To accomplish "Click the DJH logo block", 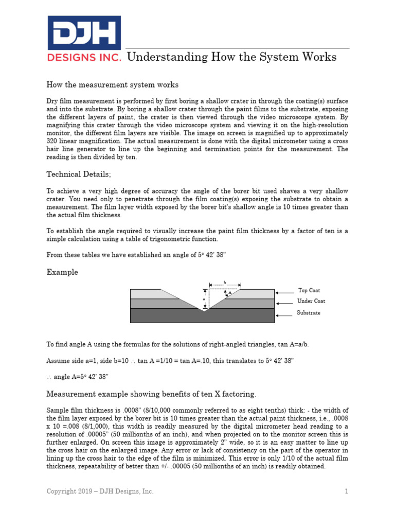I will [x=84, y=32].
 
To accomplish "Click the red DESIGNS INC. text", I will [x=84, y=57].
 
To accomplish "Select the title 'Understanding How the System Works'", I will [x=231, y=57].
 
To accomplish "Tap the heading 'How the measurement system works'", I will [x=113, y=84].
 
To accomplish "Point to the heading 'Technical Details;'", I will [x=78, y=175].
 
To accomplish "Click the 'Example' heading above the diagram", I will [x=62, y=272].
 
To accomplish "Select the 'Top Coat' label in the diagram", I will [x=309, y=291].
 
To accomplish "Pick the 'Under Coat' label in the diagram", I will [x=311, y=301].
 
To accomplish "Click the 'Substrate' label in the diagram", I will [x=309, y=313].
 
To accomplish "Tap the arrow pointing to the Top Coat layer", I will [x=284, y=292].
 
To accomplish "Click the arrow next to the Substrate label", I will [x=284, y=315].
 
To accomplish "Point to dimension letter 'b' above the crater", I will [x=225, y=283].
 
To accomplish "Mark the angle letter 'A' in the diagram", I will [x=229, y=293].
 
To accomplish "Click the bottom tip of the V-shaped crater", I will [x=204, y=310].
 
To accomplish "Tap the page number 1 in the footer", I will [x=347, y=491].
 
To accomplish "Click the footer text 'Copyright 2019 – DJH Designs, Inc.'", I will [x=100, y=491].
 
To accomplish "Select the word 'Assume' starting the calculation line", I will [x=58, y=361].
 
